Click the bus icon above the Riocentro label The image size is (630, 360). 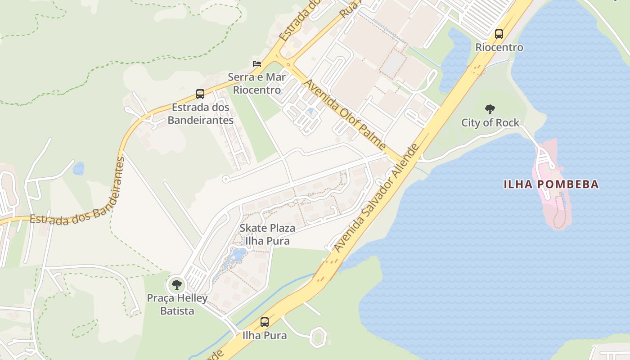coord(499,34)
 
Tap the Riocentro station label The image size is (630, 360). coord(499,47)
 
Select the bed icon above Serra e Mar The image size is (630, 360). coord(257,64)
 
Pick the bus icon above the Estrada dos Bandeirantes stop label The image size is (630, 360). coord(200,94)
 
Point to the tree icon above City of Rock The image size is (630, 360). coord(490,109)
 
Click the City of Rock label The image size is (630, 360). coord(490,122)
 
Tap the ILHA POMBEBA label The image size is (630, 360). coord(551,184)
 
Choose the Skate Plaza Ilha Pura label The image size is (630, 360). coord(267,234)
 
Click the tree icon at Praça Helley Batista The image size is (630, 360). coord(177,284)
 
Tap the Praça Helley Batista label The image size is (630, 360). coord(177,304)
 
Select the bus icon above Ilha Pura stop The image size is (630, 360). coord(265,322)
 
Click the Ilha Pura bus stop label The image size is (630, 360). coord(265,335)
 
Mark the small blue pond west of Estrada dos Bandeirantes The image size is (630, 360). coord(78,169)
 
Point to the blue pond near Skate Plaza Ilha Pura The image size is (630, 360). coord(237,256)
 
